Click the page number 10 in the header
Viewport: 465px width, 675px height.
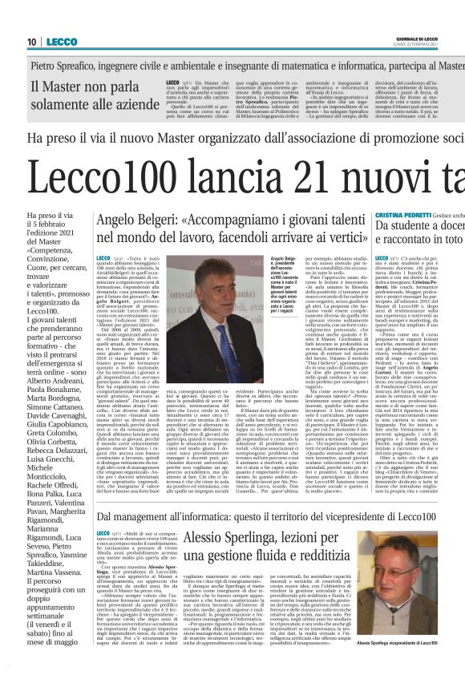pos(31,42)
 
